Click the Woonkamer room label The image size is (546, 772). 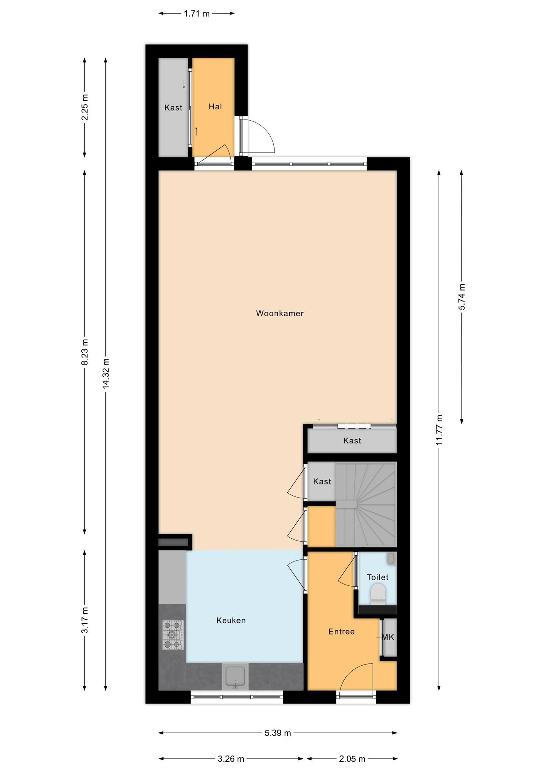280,313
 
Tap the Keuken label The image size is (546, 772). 231,620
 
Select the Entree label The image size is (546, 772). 342,631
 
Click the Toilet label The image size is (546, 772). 377,577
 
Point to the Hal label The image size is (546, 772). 215,107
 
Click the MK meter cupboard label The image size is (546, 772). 388,637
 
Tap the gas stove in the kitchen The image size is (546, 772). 173,635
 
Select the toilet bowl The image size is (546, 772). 377,594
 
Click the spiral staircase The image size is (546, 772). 366,504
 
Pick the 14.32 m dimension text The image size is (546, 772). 106,373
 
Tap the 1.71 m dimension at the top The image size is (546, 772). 196,14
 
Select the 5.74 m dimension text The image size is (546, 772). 462,297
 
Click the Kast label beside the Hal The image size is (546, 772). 173,108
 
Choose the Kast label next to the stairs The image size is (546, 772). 322,481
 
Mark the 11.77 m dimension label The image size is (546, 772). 439,430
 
